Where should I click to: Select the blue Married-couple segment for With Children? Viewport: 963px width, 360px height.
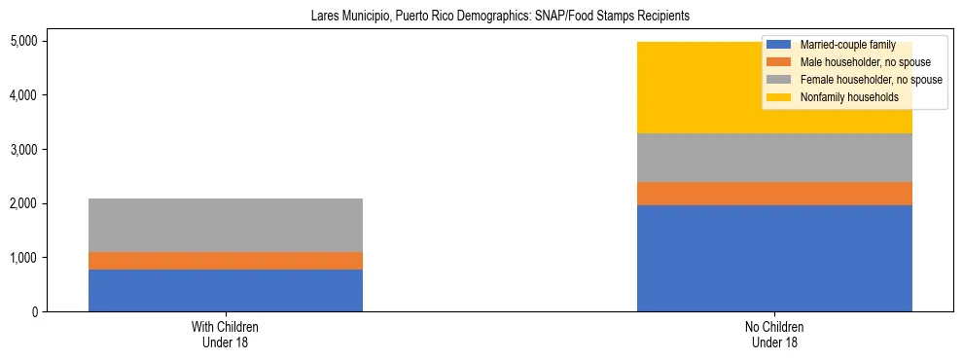tap(226, 290)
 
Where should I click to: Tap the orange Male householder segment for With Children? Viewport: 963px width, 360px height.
tap(226, 261)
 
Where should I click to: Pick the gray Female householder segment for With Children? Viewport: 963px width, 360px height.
tap(226, 225)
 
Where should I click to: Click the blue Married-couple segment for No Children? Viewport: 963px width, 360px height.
tap(774, 258)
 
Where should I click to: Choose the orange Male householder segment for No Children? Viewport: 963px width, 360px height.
tap(774, 194)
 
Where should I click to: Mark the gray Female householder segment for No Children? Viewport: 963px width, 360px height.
tap(774, 158)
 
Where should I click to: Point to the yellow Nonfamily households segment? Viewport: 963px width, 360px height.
tap(681, 88)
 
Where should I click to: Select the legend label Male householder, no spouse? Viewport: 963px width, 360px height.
tap(859, 62)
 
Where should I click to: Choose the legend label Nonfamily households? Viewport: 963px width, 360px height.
tap(849, 97)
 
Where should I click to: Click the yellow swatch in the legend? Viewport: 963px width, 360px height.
tap(779, 97)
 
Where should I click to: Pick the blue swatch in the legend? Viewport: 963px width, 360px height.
tap(779, 45)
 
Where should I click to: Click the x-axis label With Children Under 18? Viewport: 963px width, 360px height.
tap(226, 335)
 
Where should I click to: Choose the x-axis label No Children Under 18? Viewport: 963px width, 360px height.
tap(774, 335)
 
